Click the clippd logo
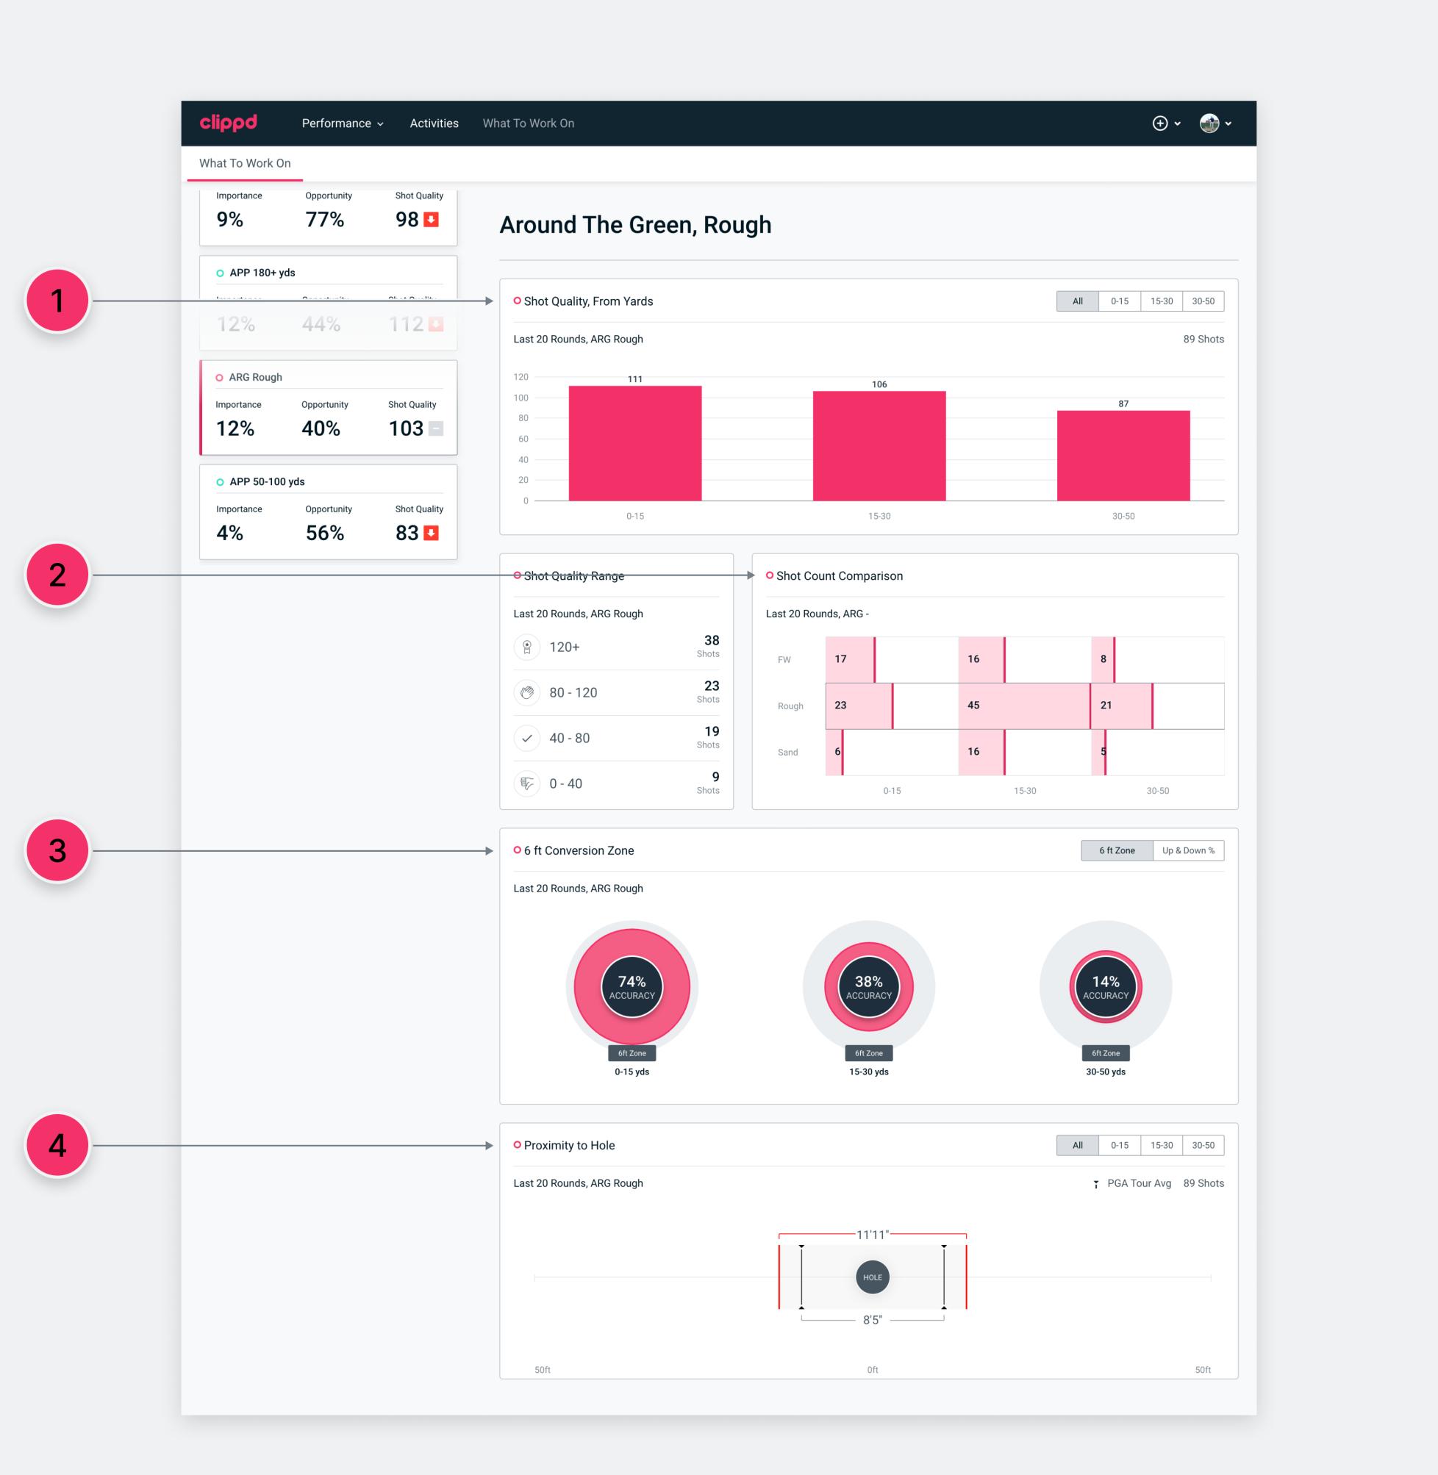tap(228, 122)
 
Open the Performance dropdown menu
tap(342, 123)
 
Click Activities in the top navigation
tap(434, 123)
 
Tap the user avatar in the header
tap(1209, 123)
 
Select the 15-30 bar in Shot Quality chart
tap(879, 445)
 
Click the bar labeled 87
tap(1123, 455)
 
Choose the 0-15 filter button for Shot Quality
tap(1118, 301)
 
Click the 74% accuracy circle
tap(632, 986)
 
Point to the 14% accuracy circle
tap(1105, 986)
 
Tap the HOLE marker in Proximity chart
tap(872, 1277)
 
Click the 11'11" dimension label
tap(872, 1234)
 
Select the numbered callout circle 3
tap(57, 851)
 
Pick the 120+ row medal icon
tap(526, 647)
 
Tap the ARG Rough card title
tap(255, 378)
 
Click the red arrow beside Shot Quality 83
tap(431, 533)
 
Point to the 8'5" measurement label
tap(872, 1319)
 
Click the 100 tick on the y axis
tap(521, 398)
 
